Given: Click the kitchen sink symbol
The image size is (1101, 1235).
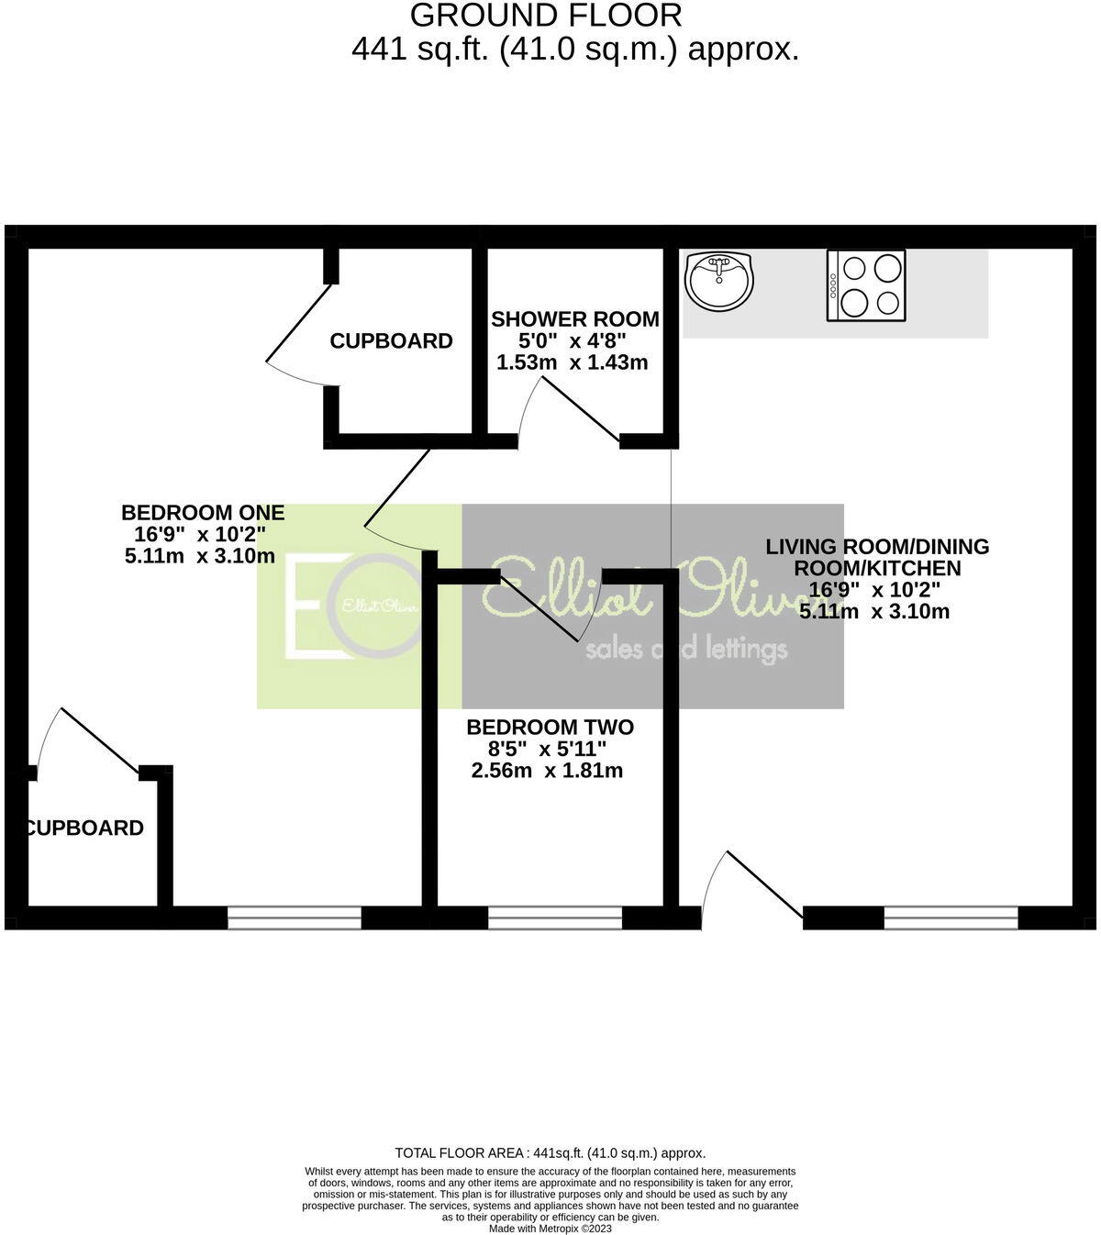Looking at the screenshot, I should click(719, 281).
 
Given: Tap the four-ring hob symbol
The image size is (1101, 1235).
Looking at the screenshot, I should click(866, 285).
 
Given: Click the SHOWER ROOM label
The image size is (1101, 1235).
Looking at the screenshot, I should click(575, 319).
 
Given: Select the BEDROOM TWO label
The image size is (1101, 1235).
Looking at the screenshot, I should click(550, 728).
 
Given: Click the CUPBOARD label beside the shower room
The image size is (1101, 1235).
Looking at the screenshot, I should click(391, 341).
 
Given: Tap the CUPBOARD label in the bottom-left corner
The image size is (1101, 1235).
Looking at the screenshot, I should click(84, 829).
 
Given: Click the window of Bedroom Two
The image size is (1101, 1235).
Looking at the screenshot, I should click(554, 918).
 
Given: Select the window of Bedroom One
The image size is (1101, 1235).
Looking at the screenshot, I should click(295, 918).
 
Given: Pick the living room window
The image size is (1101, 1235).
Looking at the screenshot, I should click(951, 918).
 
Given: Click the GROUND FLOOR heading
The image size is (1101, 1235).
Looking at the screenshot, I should click(546, 16).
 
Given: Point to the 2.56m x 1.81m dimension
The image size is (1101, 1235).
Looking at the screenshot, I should click(547, 771).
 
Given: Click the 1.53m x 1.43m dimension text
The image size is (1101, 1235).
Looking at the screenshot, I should click(572, 362).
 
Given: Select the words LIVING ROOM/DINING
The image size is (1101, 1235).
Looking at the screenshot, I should click(877, 547).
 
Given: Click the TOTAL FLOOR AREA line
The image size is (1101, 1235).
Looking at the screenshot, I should click(550, 1153).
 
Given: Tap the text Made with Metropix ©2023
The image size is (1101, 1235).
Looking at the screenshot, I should click(550, 1228).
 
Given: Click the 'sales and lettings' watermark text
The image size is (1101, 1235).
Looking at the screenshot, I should click(685, 650).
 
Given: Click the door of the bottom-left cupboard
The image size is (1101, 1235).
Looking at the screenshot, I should click(101, 740).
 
